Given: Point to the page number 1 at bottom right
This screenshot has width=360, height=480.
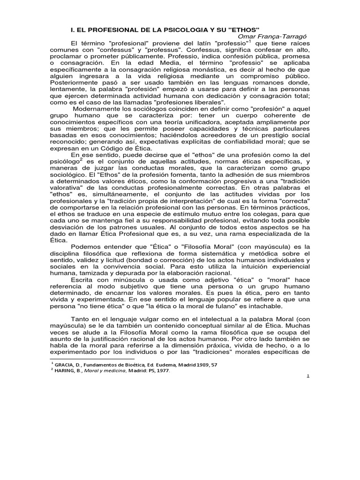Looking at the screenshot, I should tap(308, 378).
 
